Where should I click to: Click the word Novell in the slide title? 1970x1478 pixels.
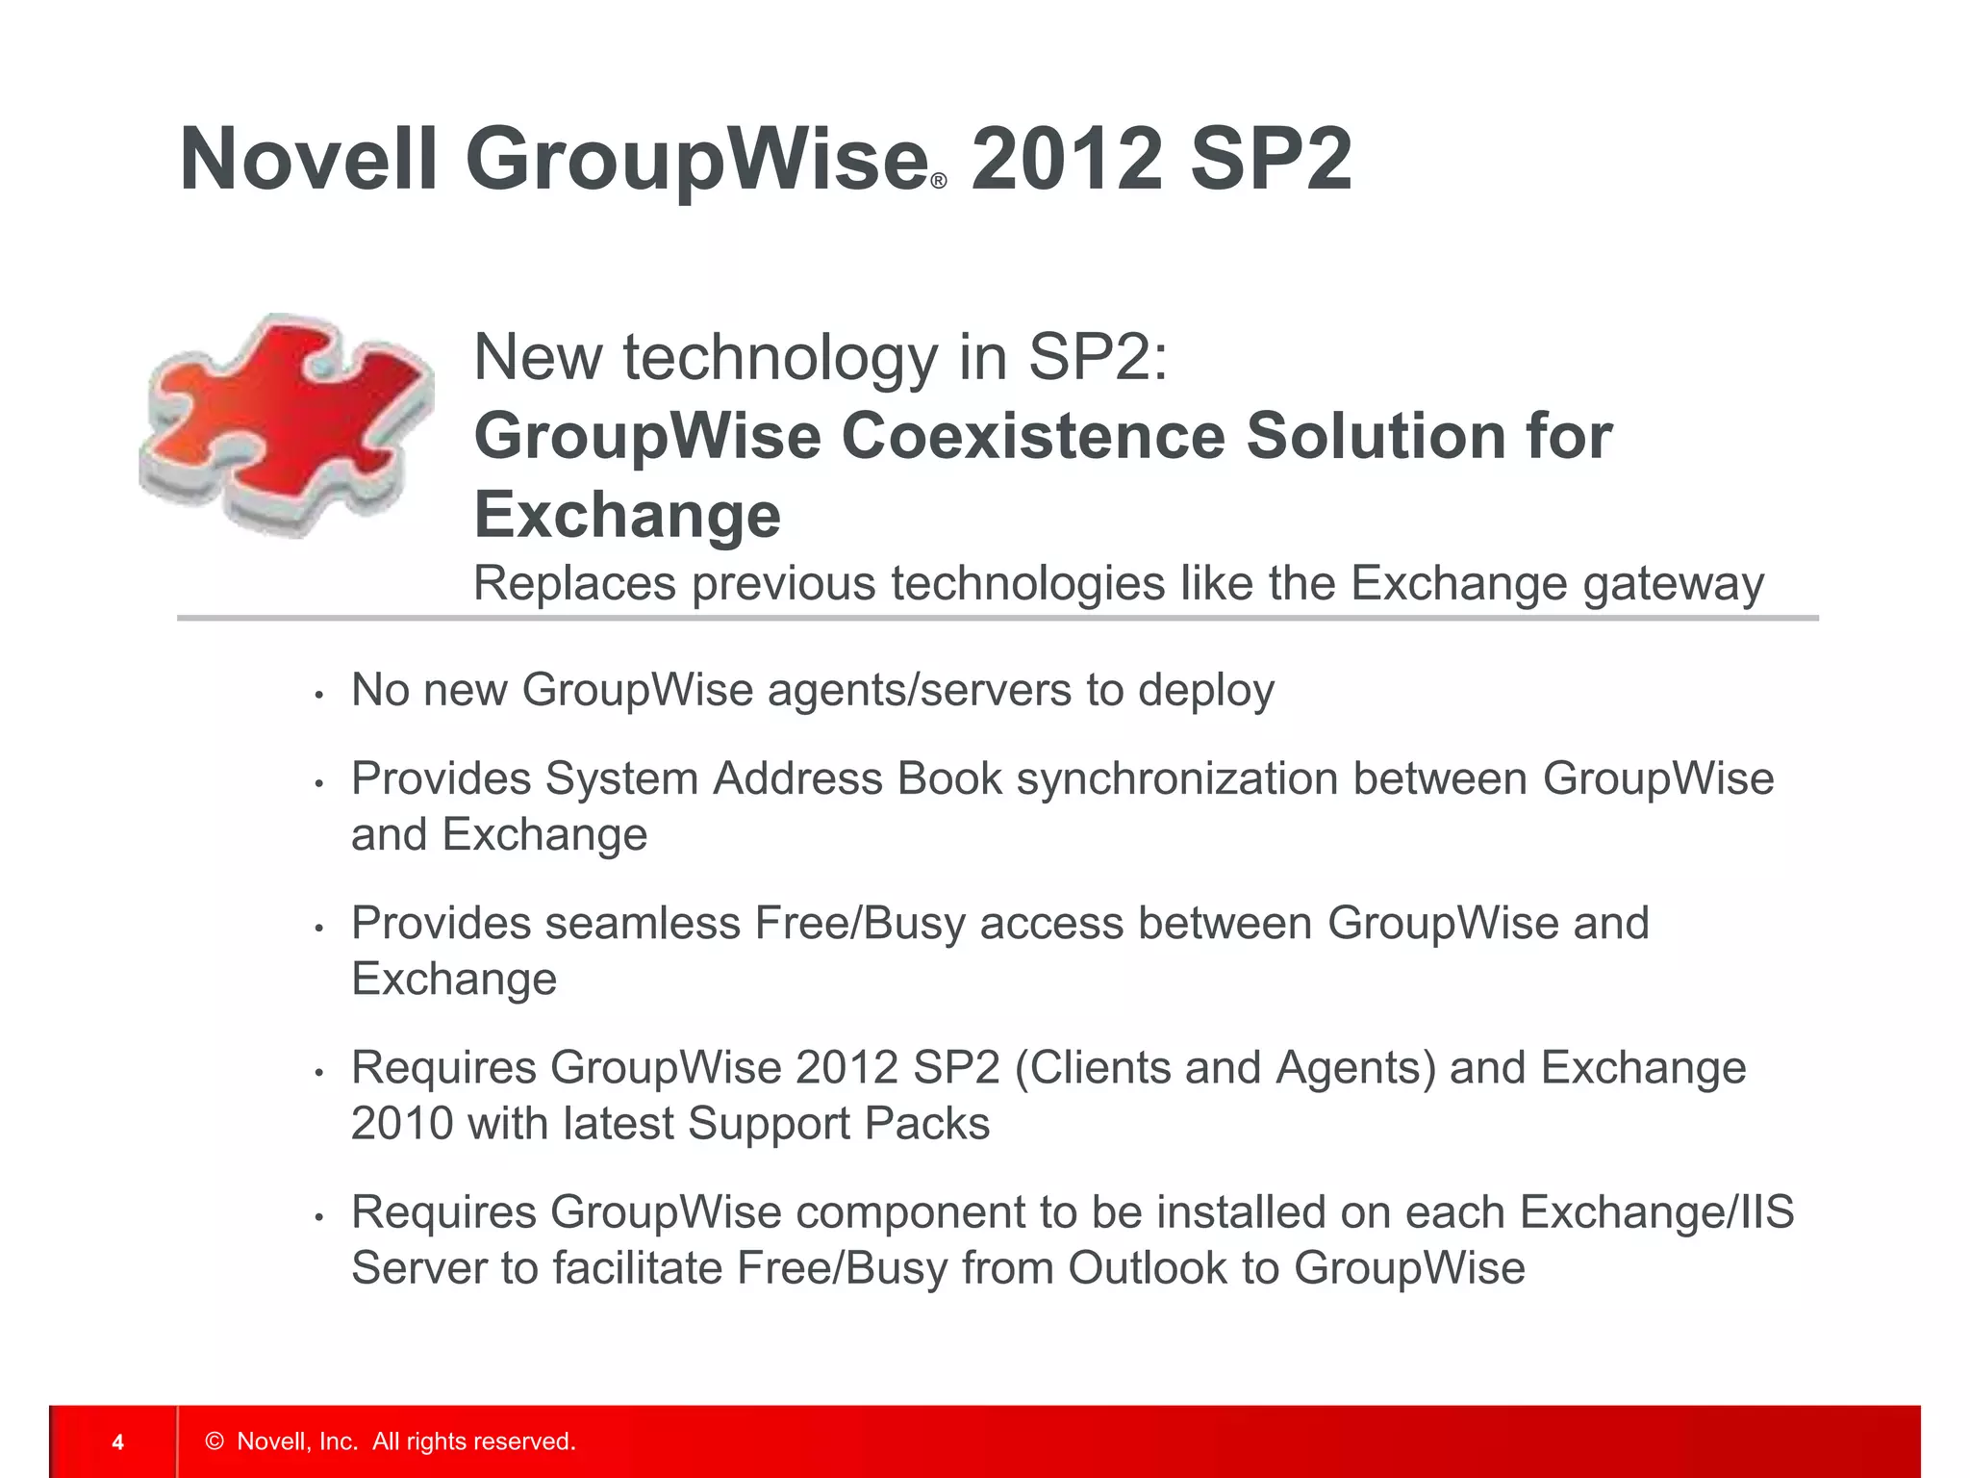click(x=309, y=160)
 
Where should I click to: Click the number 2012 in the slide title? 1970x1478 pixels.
click(x=1067, y=160)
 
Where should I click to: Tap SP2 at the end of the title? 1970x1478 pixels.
click(x=1271, y=160)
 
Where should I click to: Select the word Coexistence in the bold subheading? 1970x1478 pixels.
click(x=1033, y=436)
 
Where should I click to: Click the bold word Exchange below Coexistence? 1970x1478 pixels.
click(x=627, y=515)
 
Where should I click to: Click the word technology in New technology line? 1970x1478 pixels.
click(x=780, y=358)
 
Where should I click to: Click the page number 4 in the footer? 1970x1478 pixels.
click(x=117, y=1441)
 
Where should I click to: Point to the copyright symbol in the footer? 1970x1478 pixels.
click(x=215, y=1441)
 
